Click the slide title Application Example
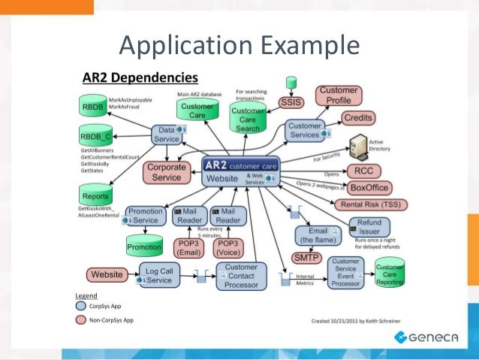coord(239,47)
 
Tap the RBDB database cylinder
coord(93,107)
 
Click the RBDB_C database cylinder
coord(95,138)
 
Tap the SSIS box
coord(291,103)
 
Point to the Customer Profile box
coord(339,95)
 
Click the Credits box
coord(358,118)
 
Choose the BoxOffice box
coord(370,187)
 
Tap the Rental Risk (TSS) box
coord(371,203)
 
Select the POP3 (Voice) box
coord(227,247)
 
